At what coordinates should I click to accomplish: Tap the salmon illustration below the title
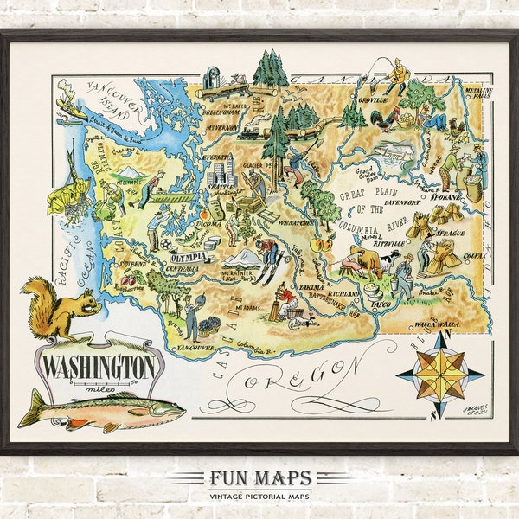[102, 407]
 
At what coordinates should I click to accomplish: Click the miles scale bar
[99, 382]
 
